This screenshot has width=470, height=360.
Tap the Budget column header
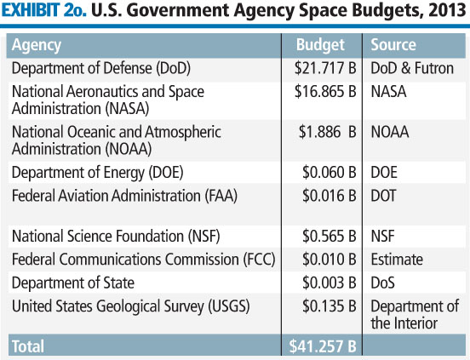319,45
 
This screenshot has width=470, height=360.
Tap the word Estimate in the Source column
396,260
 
